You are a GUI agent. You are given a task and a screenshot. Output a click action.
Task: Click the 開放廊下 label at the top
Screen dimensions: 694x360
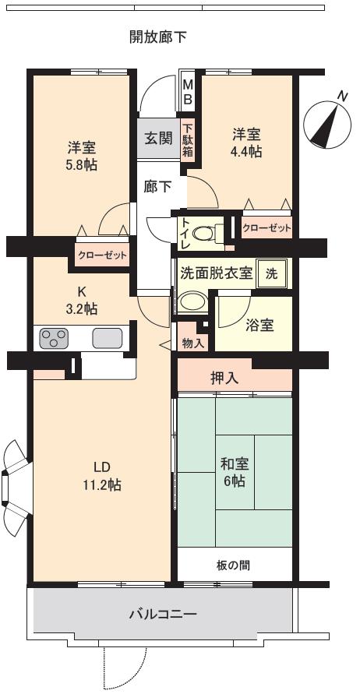coord(158,37)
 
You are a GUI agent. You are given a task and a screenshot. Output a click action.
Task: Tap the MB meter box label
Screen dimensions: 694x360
coord(188,92)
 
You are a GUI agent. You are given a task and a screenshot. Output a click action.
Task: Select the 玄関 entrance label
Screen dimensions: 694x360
coord(158,138)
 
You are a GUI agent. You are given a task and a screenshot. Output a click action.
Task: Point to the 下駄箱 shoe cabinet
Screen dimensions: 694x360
coord(187,138)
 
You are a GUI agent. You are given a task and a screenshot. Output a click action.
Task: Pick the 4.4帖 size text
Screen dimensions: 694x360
coord(245,151)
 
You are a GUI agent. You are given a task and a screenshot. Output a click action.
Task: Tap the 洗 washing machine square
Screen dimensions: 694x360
coord(271,273)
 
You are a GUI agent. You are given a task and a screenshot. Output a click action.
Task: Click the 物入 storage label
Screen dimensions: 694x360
coord(192,341)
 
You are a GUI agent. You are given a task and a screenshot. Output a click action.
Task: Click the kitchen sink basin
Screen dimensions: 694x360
coord(108,338)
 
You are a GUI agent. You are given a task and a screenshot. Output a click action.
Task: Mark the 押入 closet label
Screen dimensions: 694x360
coord(226,378)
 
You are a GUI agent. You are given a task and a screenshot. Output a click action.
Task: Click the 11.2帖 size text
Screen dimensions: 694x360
coord(101,484)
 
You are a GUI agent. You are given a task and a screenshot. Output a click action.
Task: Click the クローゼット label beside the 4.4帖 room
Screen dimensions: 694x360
coord(266,228)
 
